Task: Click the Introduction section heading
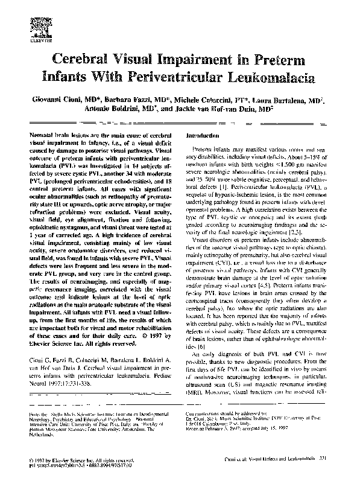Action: [x=206, y=135]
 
